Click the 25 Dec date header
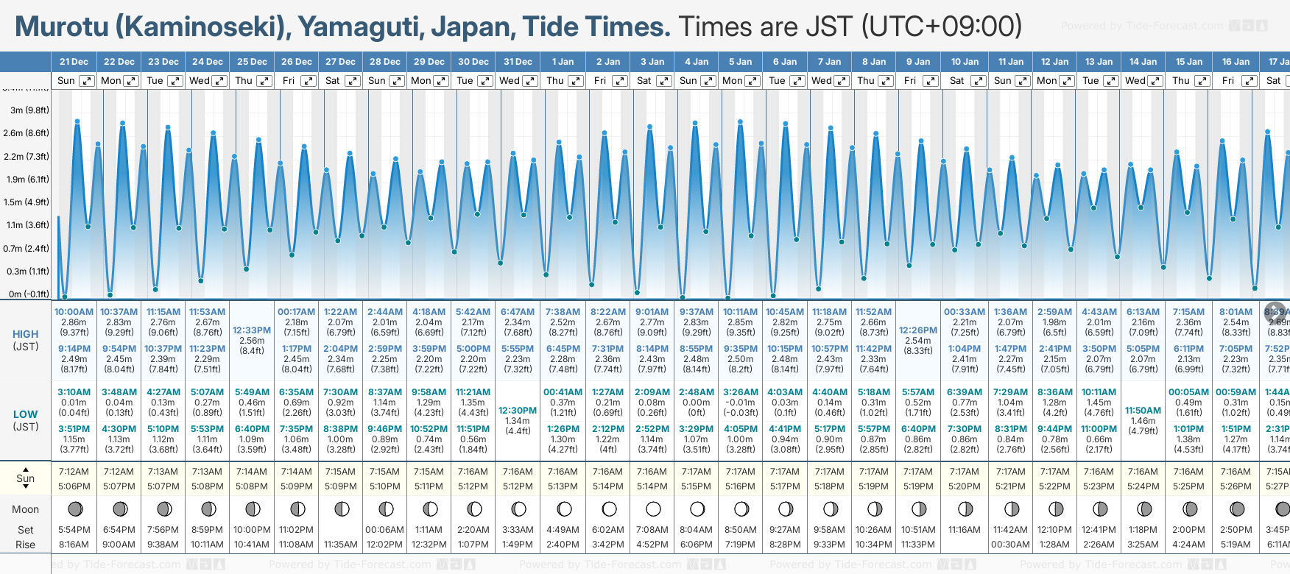point(252,62)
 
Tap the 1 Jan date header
point(563,62)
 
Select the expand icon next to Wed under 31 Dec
point(530,81)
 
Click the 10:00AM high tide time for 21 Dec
point(74,312)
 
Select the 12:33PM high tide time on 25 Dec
point(252,330)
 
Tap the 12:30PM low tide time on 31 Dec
point(518,411)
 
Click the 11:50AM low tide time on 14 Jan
point(1143,411)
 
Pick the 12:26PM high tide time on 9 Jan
point(918,330)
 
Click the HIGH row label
point(25,334)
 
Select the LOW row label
point(25,414)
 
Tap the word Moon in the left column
point(25,509)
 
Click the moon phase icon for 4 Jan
point(697,509)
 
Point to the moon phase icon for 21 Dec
point(74,509)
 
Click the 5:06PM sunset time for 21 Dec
point(74,486)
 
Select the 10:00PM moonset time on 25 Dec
point(252,530)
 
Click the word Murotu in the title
point(62,26)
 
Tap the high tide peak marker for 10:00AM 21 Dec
point(77,121)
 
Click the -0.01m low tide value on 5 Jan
point(740,403)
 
